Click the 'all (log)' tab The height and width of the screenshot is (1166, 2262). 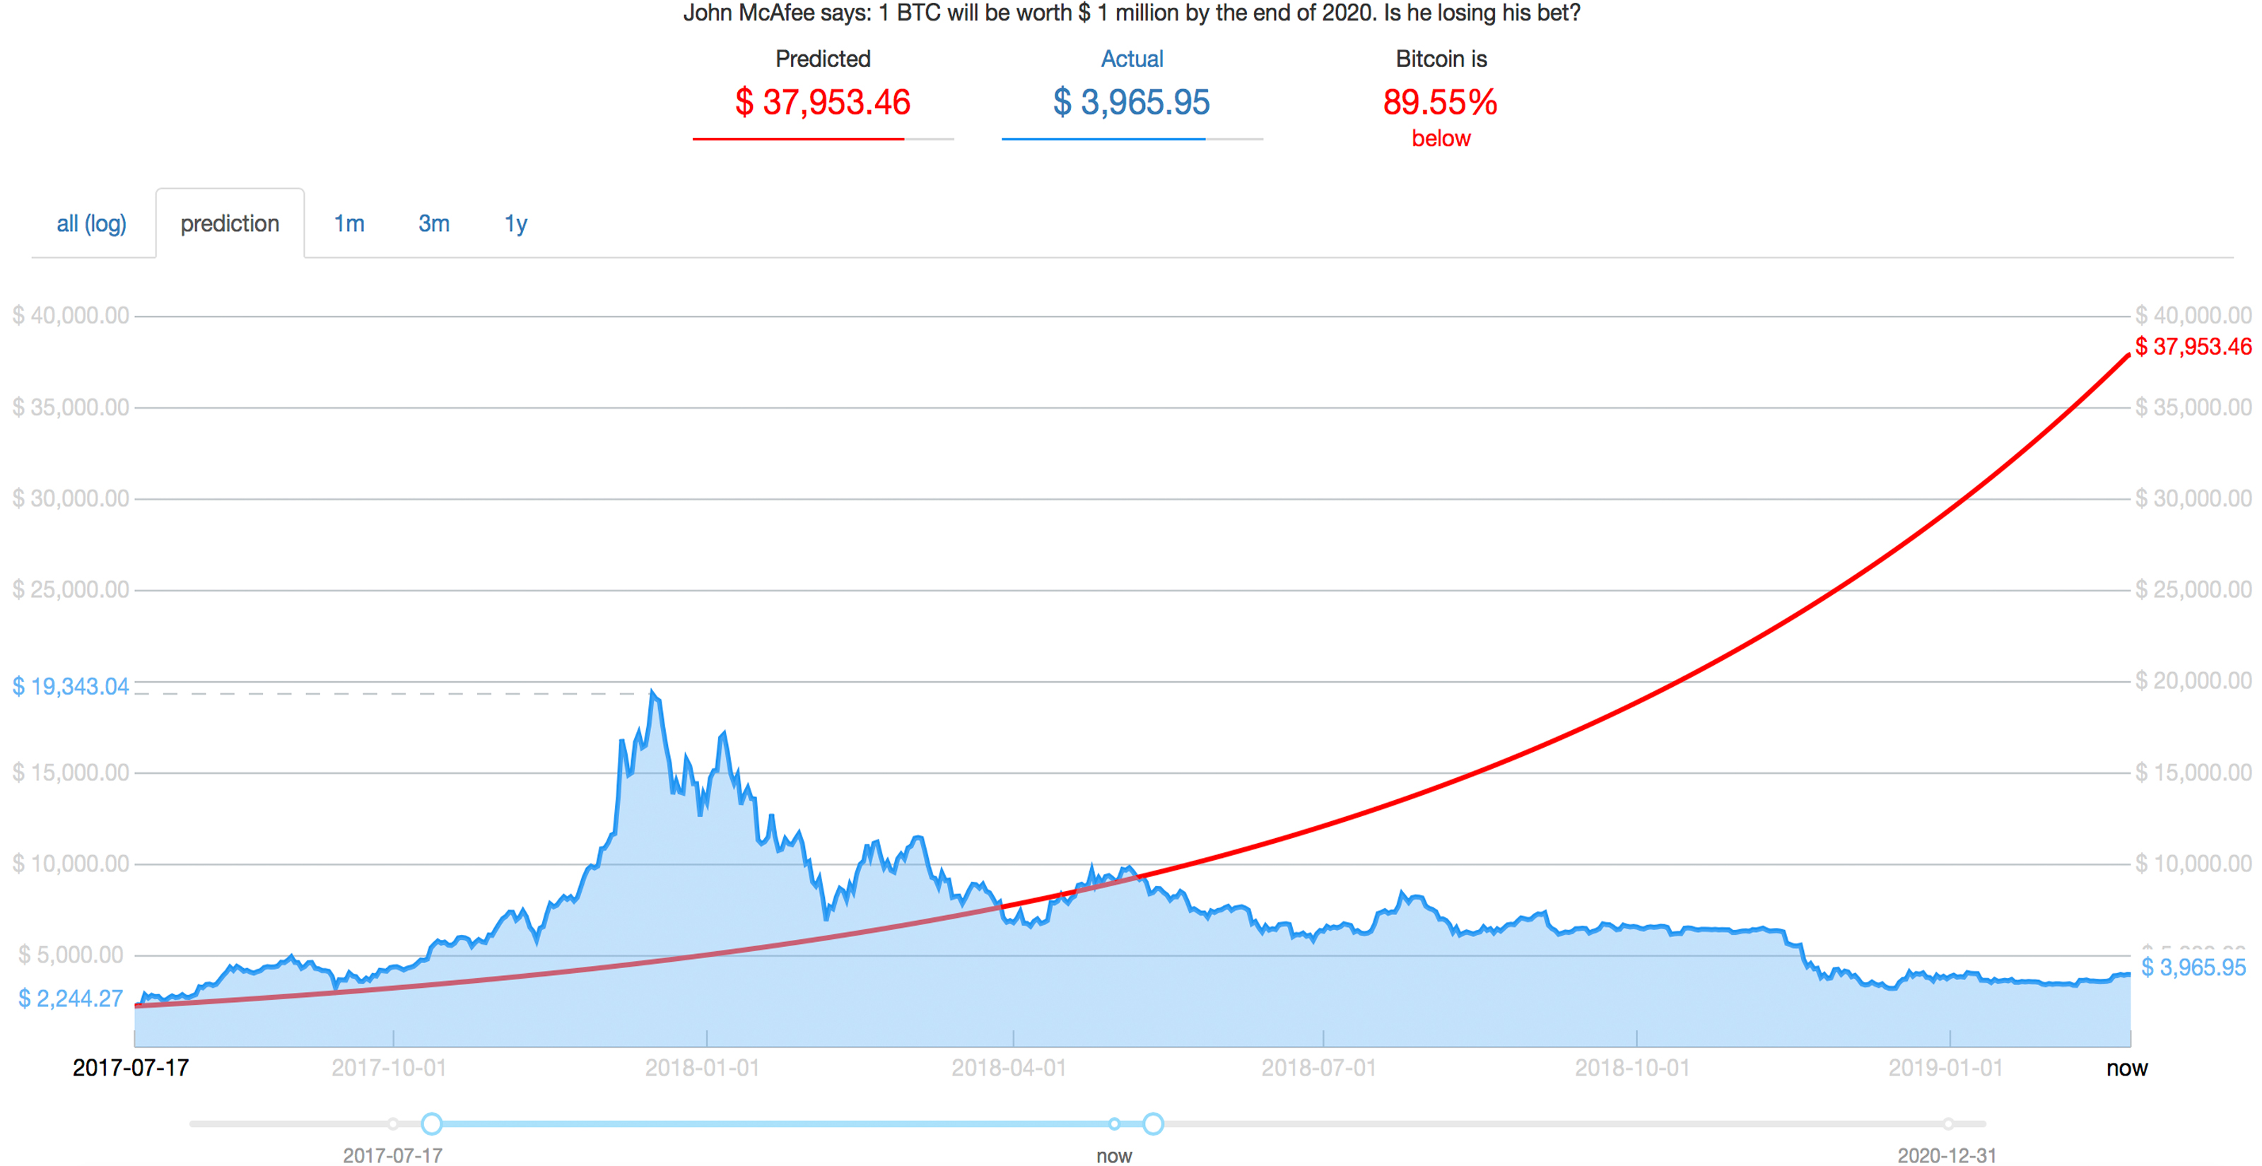(91, 224)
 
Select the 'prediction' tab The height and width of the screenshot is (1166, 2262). (229, 224)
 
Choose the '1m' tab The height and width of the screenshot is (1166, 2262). (348, 224)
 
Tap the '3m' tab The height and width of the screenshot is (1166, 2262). (434, 224)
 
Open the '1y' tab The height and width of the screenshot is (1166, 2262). (515, 224)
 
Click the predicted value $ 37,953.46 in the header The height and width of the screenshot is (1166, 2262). (822, 102)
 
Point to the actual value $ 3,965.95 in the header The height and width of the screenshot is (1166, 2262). (1131, 102)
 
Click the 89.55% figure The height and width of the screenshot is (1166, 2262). (1440, 102)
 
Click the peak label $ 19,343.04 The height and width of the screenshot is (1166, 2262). (70, 687)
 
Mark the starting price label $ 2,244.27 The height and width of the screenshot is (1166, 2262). (70, 999)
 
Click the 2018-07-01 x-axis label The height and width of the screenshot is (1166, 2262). (1319, 1068)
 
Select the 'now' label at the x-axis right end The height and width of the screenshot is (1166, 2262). (2126, 1068)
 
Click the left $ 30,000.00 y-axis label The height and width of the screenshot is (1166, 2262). (70, 499)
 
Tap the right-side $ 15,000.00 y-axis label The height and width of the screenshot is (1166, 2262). (2193, 772)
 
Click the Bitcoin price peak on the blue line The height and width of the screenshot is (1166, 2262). (652, 693)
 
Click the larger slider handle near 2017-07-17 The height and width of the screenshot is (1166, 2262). (431, 1124)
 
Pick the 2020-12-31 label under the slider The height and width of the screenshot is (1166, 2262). (1946, 1155)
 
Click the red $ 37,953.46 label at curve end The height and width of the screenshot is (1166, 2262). (2193, 347)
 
